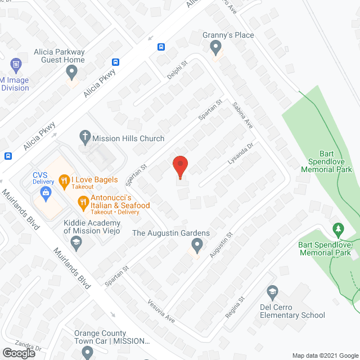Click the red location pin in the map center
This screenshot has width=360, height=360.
(x=180, y=167)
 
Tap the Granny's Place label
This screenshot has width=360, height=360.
(x=228, y=35)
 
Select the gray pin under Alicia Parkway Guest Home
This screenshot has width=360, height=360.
(x=71, y=71)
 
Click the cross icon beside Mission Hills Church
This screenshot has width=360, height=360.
(x=85, y=137)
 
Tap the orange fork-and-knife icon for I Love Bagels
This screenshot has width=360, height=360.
(x=64, y=181)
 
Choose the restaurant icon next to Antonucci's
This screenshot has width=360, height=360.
(x=83, y=201)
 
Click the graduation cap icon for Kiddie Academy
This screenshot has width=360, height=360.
(x=75, y=242)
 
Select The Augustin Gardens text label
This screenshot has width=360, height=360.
(x=171, y=233)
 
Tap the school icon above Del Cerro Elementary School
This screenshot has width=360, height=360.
(x=272, y=291)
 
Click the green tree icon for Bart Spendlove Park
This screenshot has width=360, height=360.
(x=338, y=229)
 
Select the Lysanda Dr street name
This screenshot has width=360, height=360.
(x=241, y=153)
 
